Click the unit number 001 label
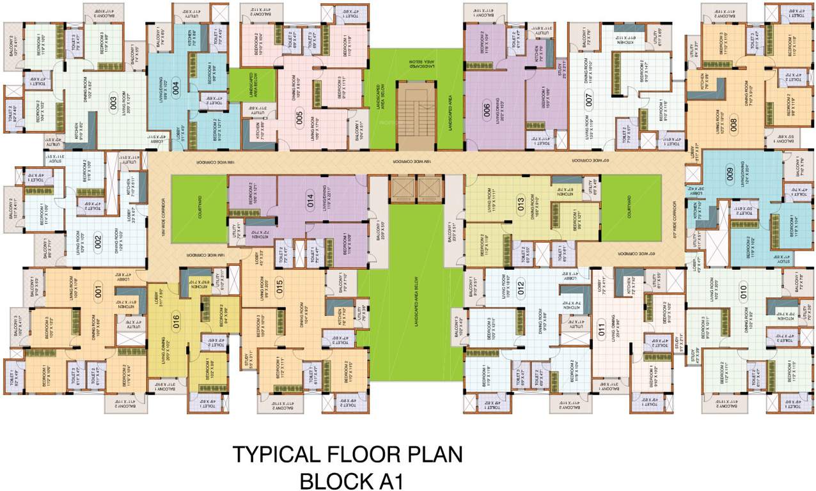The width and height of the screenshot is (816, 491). click(x=98, y=295)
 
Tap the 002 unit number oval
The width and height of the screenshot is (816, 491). click(x=98, y=242)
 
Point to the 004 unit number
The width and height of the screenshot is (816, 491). click(x=176, y=88)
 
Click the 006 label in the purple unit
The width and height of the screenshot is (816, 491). click(x=486, y=109)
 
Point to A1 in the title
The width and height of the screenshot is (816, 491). click(x=387, y=479)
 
